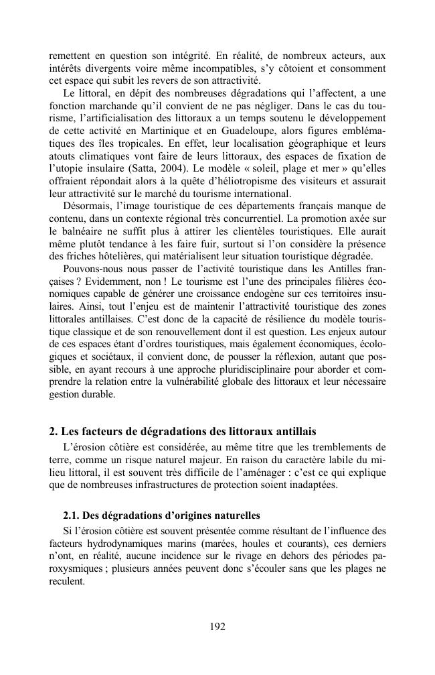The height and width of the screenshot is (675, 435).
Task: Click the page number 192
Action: (x=217, y=627)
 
